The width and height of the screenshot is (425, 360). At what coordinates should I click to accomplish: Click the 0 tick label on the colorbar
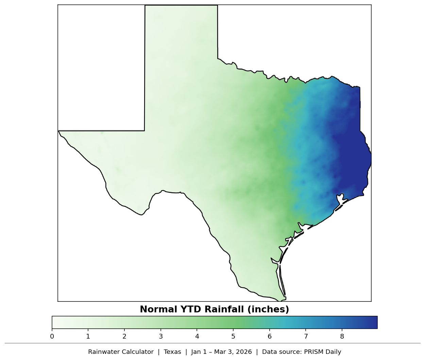[52, 337]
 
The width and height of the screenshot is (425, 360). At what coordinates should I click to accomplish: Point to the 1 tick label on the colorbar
[88, 337]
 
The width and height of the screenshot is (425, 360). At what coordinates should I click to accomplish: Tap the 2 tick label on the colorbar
[124, 337]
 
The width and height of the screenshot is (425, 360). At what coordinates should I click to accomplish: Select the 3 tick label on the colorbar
[161, 337]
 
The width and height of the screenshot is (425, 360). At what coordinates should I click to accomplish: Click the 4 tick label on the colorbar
[197, 337]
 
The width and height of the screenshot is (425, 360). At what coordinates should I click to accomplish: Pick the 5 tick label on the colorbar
[233, 337]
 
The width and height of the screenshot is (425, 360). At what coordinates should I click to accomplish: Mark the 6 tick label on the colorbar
[270, 337]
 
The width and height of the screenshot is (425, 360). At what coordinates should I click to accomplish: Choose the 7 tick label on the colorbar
[306, 337]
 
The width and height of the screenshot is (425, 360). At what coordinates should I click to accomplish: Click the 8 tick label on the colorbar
[342, 337]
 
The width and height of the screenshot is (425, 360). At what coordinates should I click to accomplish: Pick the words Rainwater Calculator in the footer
[121, 352]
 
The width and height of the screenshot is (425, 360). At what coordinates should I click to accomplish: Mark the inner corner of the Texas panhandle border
[145, 130]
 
